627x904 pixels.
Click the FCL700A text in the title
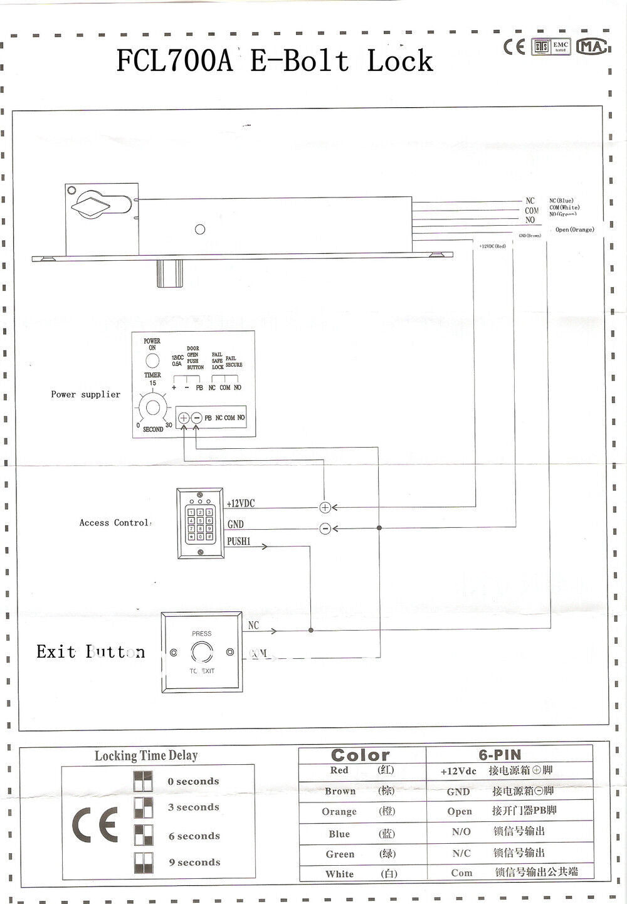pyautogui.click(x=174, y=61)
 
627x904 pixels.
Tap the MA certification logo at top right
pyautogui.click(x=591, y=47)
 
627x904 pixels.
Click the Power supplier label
pyautogui.click(x=85, y=394)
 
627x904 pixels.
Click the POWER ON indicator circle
pyautogui.click(x=152, y=360)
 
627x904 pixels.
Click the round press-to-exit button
pyautogui.click(x=201, y=652)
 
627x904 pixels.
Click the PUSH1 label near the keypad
pyautogui.click(x=238, y=541)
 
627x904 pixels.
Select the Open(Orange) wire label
pyautogui.click(x=574, y=229)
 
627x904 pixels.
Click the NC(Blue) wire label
pyautogui.click(x=561, y=201)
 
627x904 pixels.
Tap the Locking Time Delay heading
pyautogui.click(x=146, y=755)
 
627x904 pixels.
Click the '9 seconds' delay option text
pyautogui.click(x=194, y=863)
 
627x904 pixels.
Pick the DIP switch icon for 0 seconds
pyautogui.click(x=143, y=781)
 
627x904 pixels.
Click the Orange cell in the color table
pyautogui.click(x=339, y=812)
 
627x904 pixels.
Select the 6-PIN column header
pyautogui.click(x=500, y=755)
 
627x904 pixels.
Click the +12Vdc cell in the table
pyautogui.click(x=458, y=771)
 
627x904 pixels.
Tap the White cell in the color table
pyautogui.click(x=339, y=874)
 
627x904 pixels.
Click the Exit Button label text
pyautogui.click(x=90, y=652)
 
